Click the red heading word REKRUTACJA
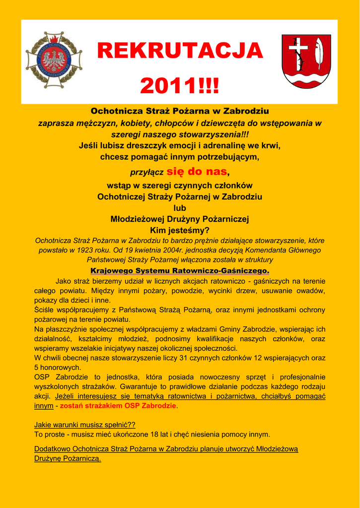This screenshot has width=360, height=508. point(179,51)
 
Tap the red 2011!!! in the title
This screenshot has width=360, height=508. point(179,86)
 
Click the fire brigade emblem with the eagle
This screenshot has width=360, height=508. point(54,61)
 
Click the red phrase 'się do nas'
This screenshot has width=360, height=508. point(198,172)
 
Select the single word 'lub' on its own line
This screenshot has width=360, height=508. point(180,208)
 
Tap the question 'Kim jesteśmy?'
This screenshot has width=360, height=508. point(180,230)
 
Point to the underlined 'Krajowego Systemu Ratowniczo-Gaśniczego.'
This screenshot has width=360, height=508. point(180,271)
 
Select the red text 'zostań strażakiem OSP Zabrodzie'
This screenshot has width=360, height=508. point(118,406)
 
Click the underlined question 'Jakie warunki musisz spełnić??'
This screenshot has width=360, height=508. point(84,425)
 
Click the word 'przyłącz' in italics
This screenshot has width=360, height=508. point(147,173)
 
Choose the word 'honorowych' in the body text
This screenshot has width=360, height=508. point(61,368)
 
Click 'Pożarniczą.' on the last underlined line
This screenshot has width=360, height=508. point(81,459)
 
